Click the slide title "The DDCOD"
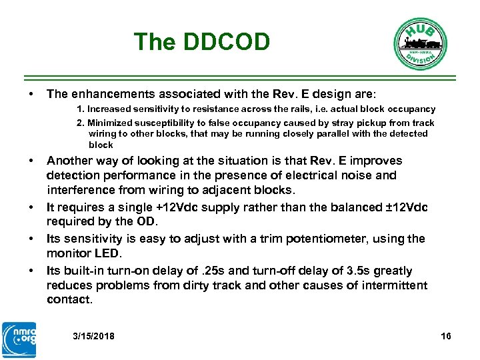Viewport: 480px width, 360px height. point(201,42)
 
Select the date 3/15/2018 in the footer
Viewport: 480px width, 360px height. point(93,336)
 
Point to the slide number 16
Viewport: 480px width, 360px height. point(446,336)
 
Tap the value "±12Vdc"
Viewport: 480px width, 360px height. point(397,207)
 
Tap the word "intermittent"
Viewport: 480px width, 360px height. point(394,285)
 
